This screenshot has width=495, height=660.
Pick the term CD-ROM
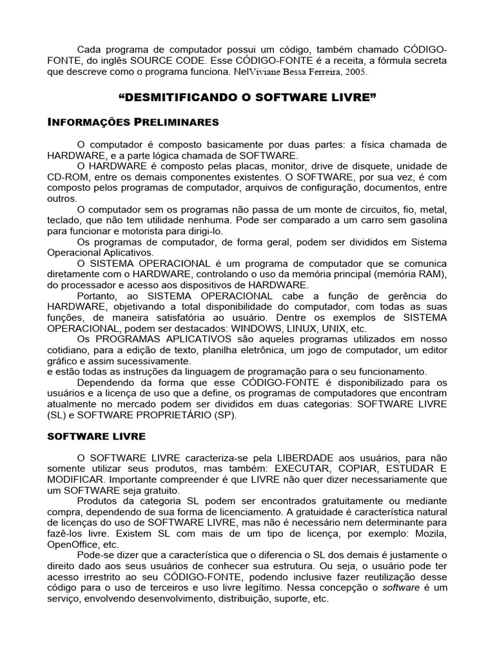coord(67,177)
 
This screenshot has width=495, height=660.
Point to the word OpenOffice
coord(74,545)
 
